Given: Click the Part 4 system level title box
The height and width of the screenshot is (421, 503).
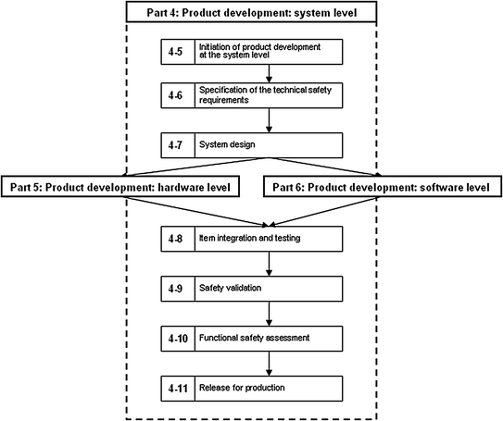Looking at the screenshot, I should click(251, 12).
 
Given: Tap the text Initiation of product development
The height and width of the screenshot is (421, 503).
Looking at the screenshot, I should click(252, 47).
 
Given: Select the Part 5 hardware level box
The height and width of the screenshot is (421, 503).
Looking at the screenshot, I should click(120, 186).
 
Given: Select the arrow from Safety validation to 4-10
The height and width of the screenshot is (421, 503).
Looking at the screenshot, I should click(269, 313).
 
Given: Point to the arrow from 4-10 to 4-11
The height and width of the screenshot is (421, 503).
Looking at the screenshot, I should click(269, 362).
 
